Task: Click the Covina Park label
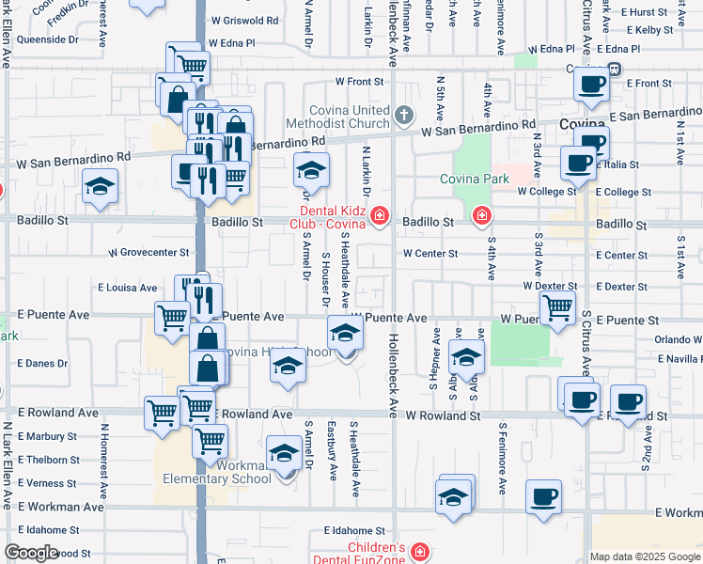point(474,179)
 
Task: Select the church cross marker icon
point(404,117)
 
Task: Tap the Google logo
point(31,553)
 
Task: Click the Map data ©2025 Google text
point(645,556)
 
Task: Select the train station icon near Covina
point(614,69)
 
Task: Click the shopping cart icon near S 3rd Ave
point(558,307)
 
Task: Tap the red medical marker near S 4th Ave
point(482,216)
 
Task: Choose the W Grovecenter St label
point(148,253)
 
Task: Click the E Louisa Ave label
point(128,287)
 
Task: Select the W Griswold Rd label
point(245,19)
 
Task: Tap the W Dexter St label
point(550,286)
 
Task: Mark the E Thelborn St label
point(49,460)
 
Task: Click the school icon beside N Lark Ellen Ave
point(100,186)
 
